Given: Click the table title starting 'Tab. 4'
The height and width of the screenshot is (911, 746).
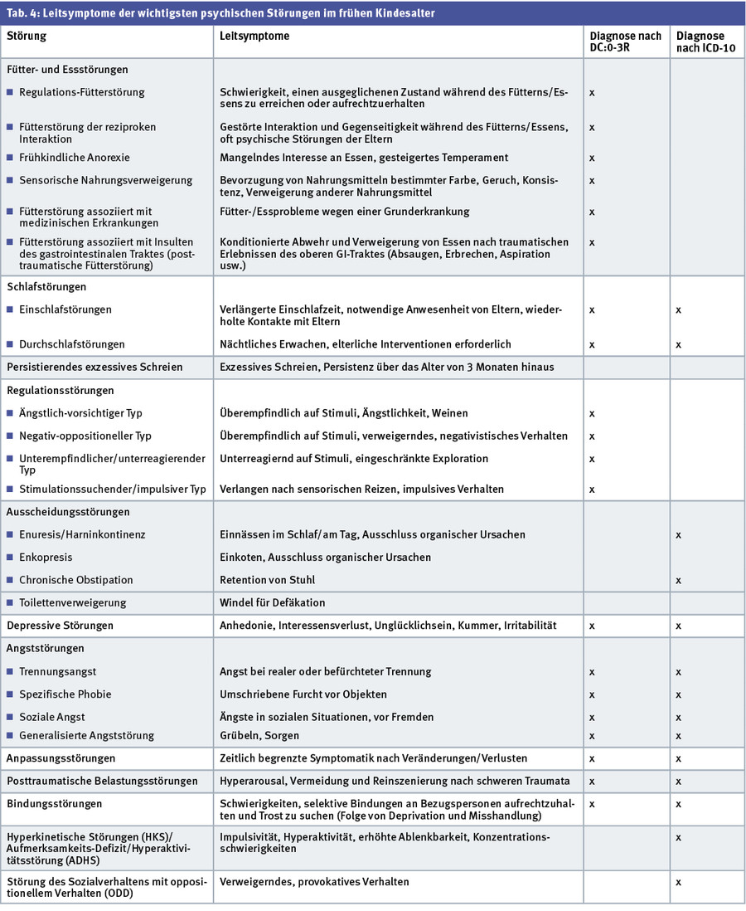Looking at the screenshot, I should tap(220, 13).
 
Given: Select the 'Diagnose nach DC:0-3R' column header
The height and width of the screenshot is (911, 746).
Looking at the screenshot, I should tap(625, 42).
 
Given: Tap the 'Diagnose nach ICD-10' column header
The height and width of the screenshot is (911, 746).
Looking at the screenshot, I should tap(700, 42).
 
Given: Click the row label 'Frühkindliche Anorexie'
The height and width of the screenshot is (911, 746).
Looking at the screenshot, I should tap(74, 158).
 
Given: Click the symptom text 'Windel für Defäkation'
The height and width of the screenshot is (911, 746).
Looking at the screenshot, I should tap(272, 603).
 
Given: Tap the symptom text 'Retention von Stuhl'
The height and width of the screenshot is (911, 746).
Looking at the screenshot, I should tap(267, 580).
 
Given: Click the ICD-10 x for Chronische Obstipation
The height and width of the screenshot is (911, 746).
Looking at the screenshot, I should tap(679, 580).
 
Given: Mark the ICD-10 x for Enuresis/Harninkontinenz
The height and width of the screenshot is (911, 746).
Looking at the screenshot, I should tap(679, 535).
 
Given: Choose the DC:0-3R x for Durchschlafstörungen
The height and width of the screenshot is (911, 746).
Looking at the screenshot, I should tap(592, 344).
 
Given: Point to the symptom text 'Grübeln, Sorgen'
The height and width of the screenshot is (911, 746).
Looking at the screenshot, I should tap(259, 736).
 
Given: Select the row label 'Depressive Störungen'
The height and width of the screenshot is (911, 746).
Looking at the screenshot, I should tap(60, 626).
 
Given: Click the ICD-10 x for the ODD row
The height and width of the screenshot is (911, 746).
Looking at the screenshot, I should tap(679, 882).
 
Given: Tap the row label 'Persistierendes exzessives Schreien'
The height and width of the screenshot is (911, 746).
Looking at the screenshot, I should tap(94, 367).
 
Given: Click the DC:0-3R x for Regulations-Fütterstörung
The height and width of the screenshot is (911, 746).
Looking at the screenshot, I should tap(592, 93).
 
